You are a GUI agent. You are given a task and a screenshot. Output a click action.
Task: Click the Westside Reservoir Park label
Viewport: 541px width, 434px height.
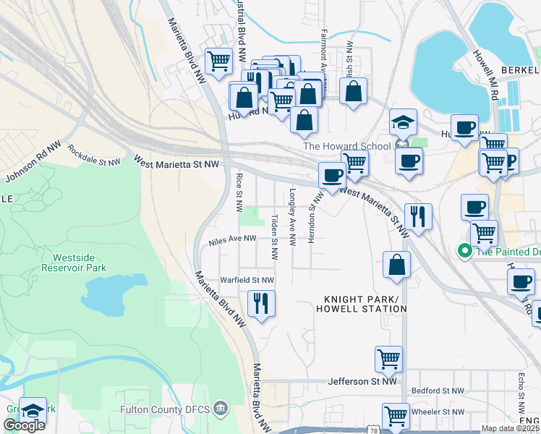tap(79, 262)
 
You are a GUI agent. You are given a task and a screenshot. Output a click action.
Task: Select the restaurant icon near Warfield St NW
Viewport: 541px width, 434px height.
tap(261, 303)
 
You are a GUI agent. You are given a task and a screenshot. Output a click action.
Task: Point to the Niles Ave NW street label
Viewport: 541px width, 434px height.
tap(232, 239)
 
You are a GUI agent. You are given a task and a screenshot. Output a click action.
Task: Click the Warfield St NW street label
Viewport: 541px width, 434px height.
tap(247, 279)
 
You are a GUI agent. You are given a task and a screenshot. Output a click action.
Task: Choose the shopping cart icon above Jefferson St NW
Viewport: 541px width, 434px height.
tap(388, 359)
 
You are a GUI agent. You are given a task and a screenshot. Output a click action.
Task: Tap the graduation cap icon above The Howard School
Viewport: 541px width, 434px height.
tap(403, 122)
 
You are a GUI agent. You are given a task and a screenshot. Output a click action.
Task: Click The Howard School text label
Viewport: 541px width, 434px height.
tap(346, 146)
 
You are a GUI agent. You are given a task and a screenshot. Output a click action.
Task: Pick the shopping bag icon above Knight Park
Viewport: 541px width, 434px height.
tap(396, 265)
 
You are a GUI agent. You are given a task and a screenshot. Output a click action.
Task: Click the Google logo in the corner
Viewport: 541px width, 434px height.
tap(24, 425)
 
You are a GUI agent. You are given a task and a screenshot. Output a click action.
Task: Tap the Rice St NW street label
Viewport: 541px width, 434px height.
tap(238, 192)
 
